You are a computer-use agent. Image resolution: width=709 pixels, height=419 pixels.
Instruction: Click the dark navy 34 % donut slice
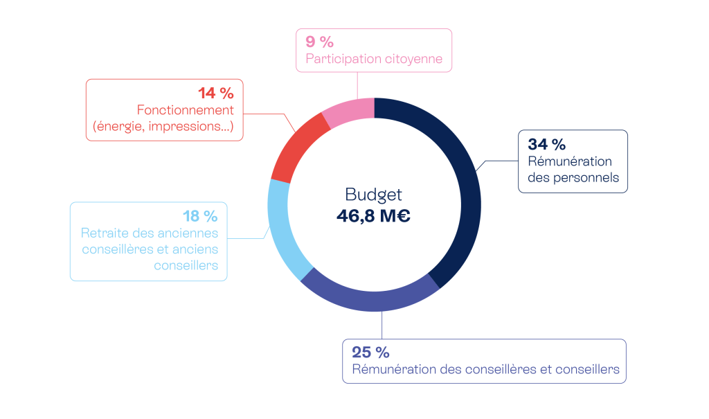pyautogui.click(x=465, y=187)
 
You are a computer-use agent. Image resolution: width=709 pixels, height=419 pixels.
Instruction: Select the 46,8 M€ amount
pyautogui.click(x=373, y=216)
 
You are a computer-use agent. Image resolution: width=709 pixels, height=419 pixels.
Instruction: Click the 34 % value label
pyautogui.click(x=546, y=145)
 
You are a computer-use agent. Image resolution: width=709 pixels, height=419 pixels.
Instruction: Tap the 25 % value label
pyautogui.click(x=370, y=352)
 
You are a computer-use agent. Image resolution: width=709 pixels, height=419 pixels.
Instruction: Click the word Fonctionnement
pyautogui.click(x=185, y=110)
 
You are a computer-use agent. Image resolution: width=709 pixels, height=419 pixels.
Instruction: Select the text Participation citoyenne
pyautogui.click(x=374, y=59)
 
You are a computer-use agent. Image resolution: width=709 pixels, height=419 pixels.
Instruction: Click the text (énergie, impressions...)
pyautogui.click(x=163, y=127)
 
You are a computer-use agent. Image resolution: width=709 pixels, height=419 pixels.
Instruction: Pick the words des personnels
pyautogui.click(x=573, y=178)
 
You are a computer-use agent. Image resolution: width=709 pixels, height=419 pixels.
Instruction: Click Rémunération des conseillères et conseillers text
pyautogui.click(x=485, y=369)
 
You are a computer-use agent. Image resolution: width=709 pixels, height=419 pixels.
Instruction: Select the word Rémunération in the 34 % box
pyautogui.click(x=570, y=161)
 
